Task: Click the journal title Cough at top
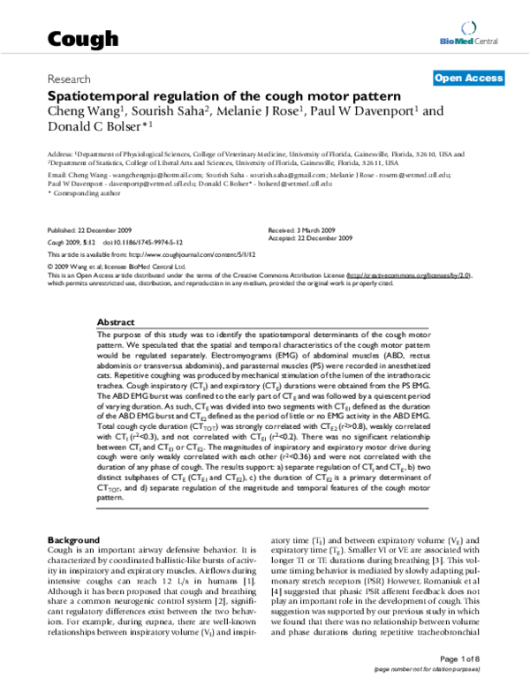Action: (81, 39)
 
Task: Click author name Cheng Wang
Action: (83, 111)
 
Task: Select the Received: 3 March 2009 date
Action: (300, 228)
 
